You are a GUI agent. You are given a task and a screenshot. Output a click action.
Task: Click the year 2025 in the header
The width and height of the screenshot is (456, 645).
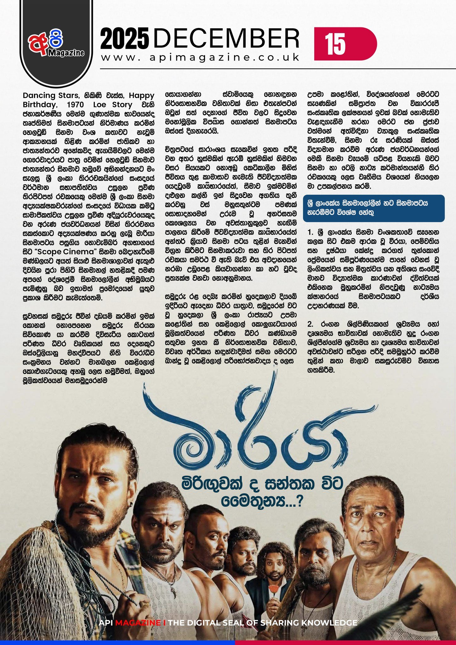point(125,39)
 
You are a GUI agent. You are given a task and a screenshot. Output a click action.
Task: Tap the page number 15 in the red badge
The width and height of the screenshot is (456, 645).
point(335,44)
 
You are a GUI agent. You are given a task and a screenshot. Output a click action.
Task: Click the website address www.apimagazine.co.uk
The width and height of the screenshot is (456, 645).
point(201,58)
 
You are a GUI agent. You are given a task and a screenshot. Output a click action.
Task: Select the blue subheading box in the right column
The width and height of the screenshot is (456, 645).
point(373,208)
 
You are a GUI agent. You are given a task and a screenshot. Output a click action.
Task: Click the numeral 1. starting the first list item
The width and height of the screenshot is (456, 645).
point(311,233)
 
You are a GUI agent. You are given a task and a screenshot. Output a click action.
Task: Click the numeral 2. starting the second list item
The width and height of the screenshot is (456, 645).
point(311,324)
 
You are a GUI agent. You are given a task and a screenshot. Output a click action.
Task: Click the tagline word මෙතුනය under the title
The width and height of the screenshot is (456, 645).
point(255,501)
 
